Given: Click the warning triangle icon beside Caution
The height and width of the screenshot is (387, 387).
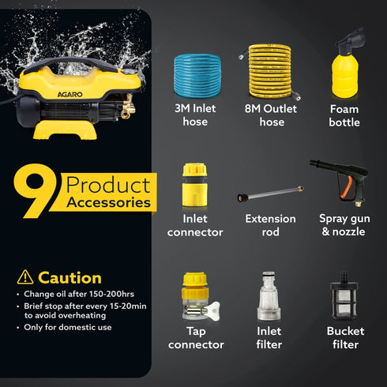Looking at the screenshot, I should coord(25,277).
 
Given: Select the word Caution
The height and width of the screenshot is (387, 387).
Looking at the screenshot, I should coord(70,277).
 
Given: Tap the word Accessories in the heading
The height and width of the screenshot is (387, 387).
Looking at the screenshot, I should coord(109,202).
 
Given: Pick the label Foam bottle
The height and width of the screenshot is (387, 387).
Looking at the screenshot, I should coord(344,115).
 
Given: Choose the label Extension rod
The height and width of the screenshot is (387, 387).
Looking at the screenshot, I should coord(270,225).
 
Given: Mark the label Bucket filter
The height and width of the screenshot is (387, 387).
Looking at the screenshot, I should coord(344,338).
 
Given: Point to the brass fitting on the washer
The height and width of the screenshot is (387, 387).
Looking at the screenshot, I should coord(124,110).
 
